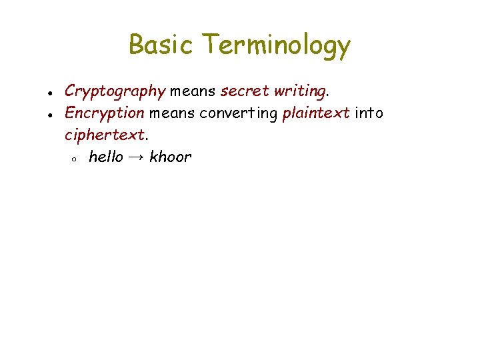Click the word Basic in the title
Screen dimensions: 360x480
[162, 45]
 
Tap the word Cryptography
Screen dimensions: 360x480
[115, 91]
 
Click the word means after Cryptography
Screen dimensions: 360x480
[193, 91]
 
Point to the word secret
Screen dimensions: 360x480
[245, 91]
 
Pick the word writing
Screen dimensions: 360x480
[301, 91]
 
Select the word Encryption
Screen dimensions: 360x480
[104, 113]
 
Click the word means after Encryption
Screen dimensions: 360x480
[171, 113]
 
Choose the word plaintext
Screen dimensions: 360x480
[316, 113]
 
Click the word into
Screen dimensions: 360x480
[369, 113]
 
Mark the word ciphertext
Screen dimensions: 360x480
[105, 135]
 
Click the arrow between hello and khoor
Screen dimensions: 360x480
[136, 158]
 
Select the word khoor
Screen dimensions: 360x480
[170, 157]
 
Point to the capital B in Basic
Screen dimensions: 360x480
[135, 45]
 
